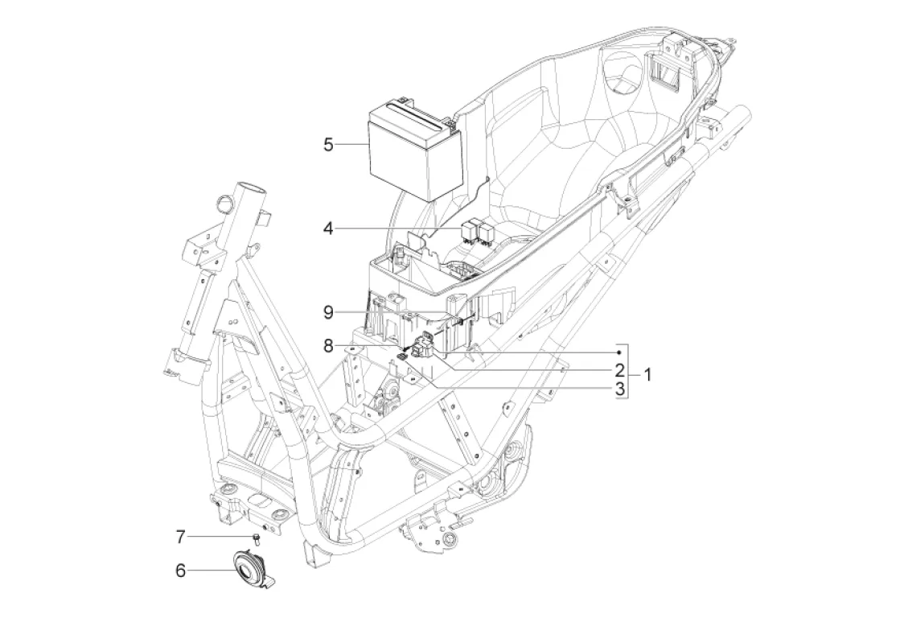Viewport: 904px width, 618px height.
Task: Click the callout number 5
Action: tap(328, 144)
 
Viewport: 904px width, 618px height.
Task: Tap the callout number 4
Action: tap(328, 229)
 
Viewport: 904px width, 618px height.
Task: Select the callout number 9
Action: tap(328, 313)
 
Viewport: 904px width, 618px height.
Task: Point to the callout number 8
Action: tap(328, 346)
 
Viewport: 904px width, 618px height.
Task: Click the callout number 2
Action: tap(620, 369)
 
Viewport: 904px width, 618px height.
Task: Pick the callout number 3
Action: tap(620, 389)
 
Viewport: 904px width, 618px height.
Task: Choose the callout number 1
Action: tap(647, 375)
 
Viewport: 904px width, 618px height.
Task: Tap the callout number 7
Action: tap(180, 538)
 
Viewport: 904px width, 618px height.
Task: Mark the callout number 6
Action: tap(180, 571)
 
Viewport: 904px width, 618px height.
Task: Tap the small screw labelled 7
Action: tap(257, 539)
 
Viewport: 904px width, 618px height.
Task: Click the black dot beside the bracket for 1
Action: tap(618, 352)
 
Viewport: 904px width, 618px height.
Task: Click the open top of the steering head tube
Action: tap(250, 189)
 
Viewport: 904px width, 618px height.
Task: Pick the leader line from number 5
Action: tap(351, 144)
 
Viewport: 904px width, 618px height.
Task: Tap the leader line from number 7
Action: tap(221, 538)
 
